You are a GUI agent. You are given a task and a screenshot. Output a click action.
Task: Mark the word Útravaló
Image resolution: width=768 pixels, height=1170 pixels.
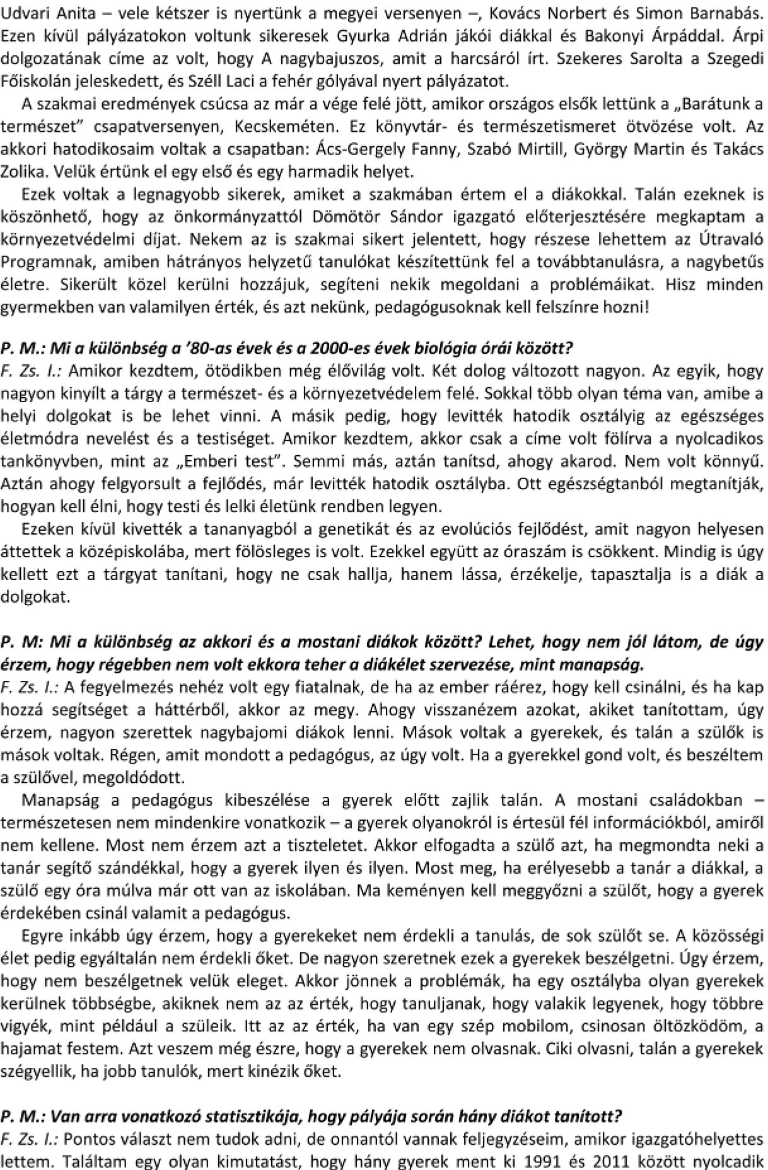[x=730, y=240]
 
